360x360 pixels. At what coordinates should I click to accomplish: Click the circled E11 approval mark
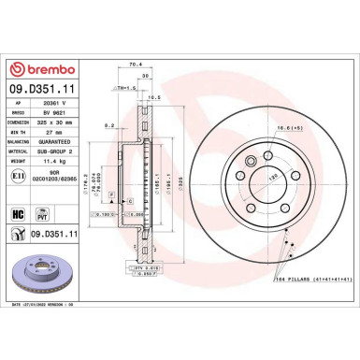pyautogui.click(x=18, y=175)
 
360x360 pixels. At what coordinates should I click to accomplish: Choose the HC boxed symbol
pyautogui.click(x=17, y=213)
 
